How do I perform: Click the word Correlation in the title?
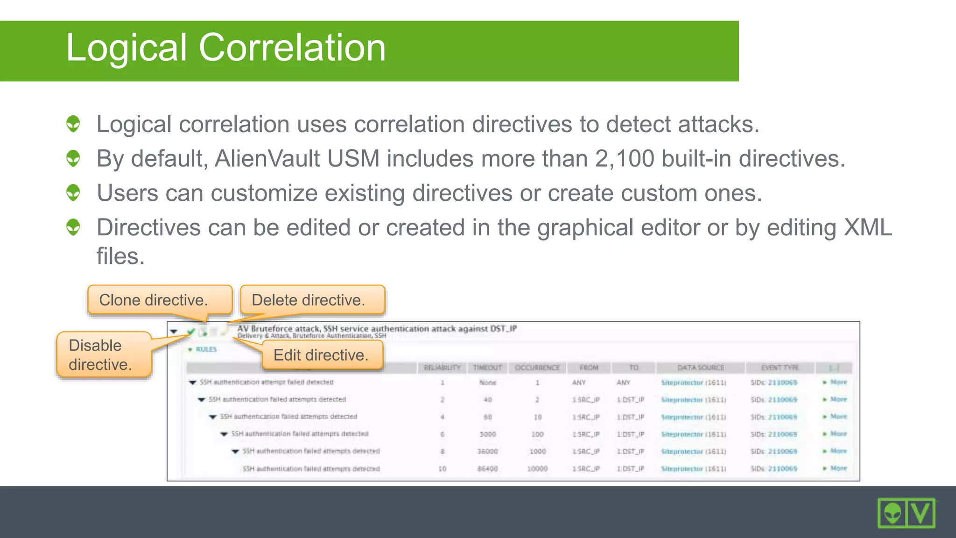pyautogui.click(x=292, y=48)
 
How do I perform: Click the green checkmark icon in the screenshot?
pyautogui.click(x=191, y=332)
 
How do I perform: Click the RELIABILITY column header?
pyautogui.click(x=442, y=368)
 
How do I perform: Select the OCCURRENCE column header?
pyautogui.click(x=537, y=368)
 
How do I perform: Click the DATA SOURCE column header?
pyautogui.click(x=700, y=368)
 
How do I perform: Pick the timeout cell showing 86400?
pyautogui.click(x=487, y=468)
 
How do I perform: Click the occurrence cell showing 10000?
pyautogui.click(x=537, y=468)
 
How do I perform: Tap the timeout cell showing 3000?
pyautogui.click(x=487, y=434)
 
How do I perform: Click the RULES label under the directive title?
pyautogui.click(x=206, y=349)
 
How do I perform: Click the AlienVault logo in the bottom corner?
pyautogui.click(x=906, y=513)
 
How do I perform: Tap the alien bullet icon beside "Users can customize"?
pyautogui.click(x=73, y=192)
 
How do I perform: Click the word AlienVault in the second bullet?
pyautogui.click(x=267, y=159)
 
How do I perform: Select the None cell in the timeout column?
pyautogui.click(x=487, y=382)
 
